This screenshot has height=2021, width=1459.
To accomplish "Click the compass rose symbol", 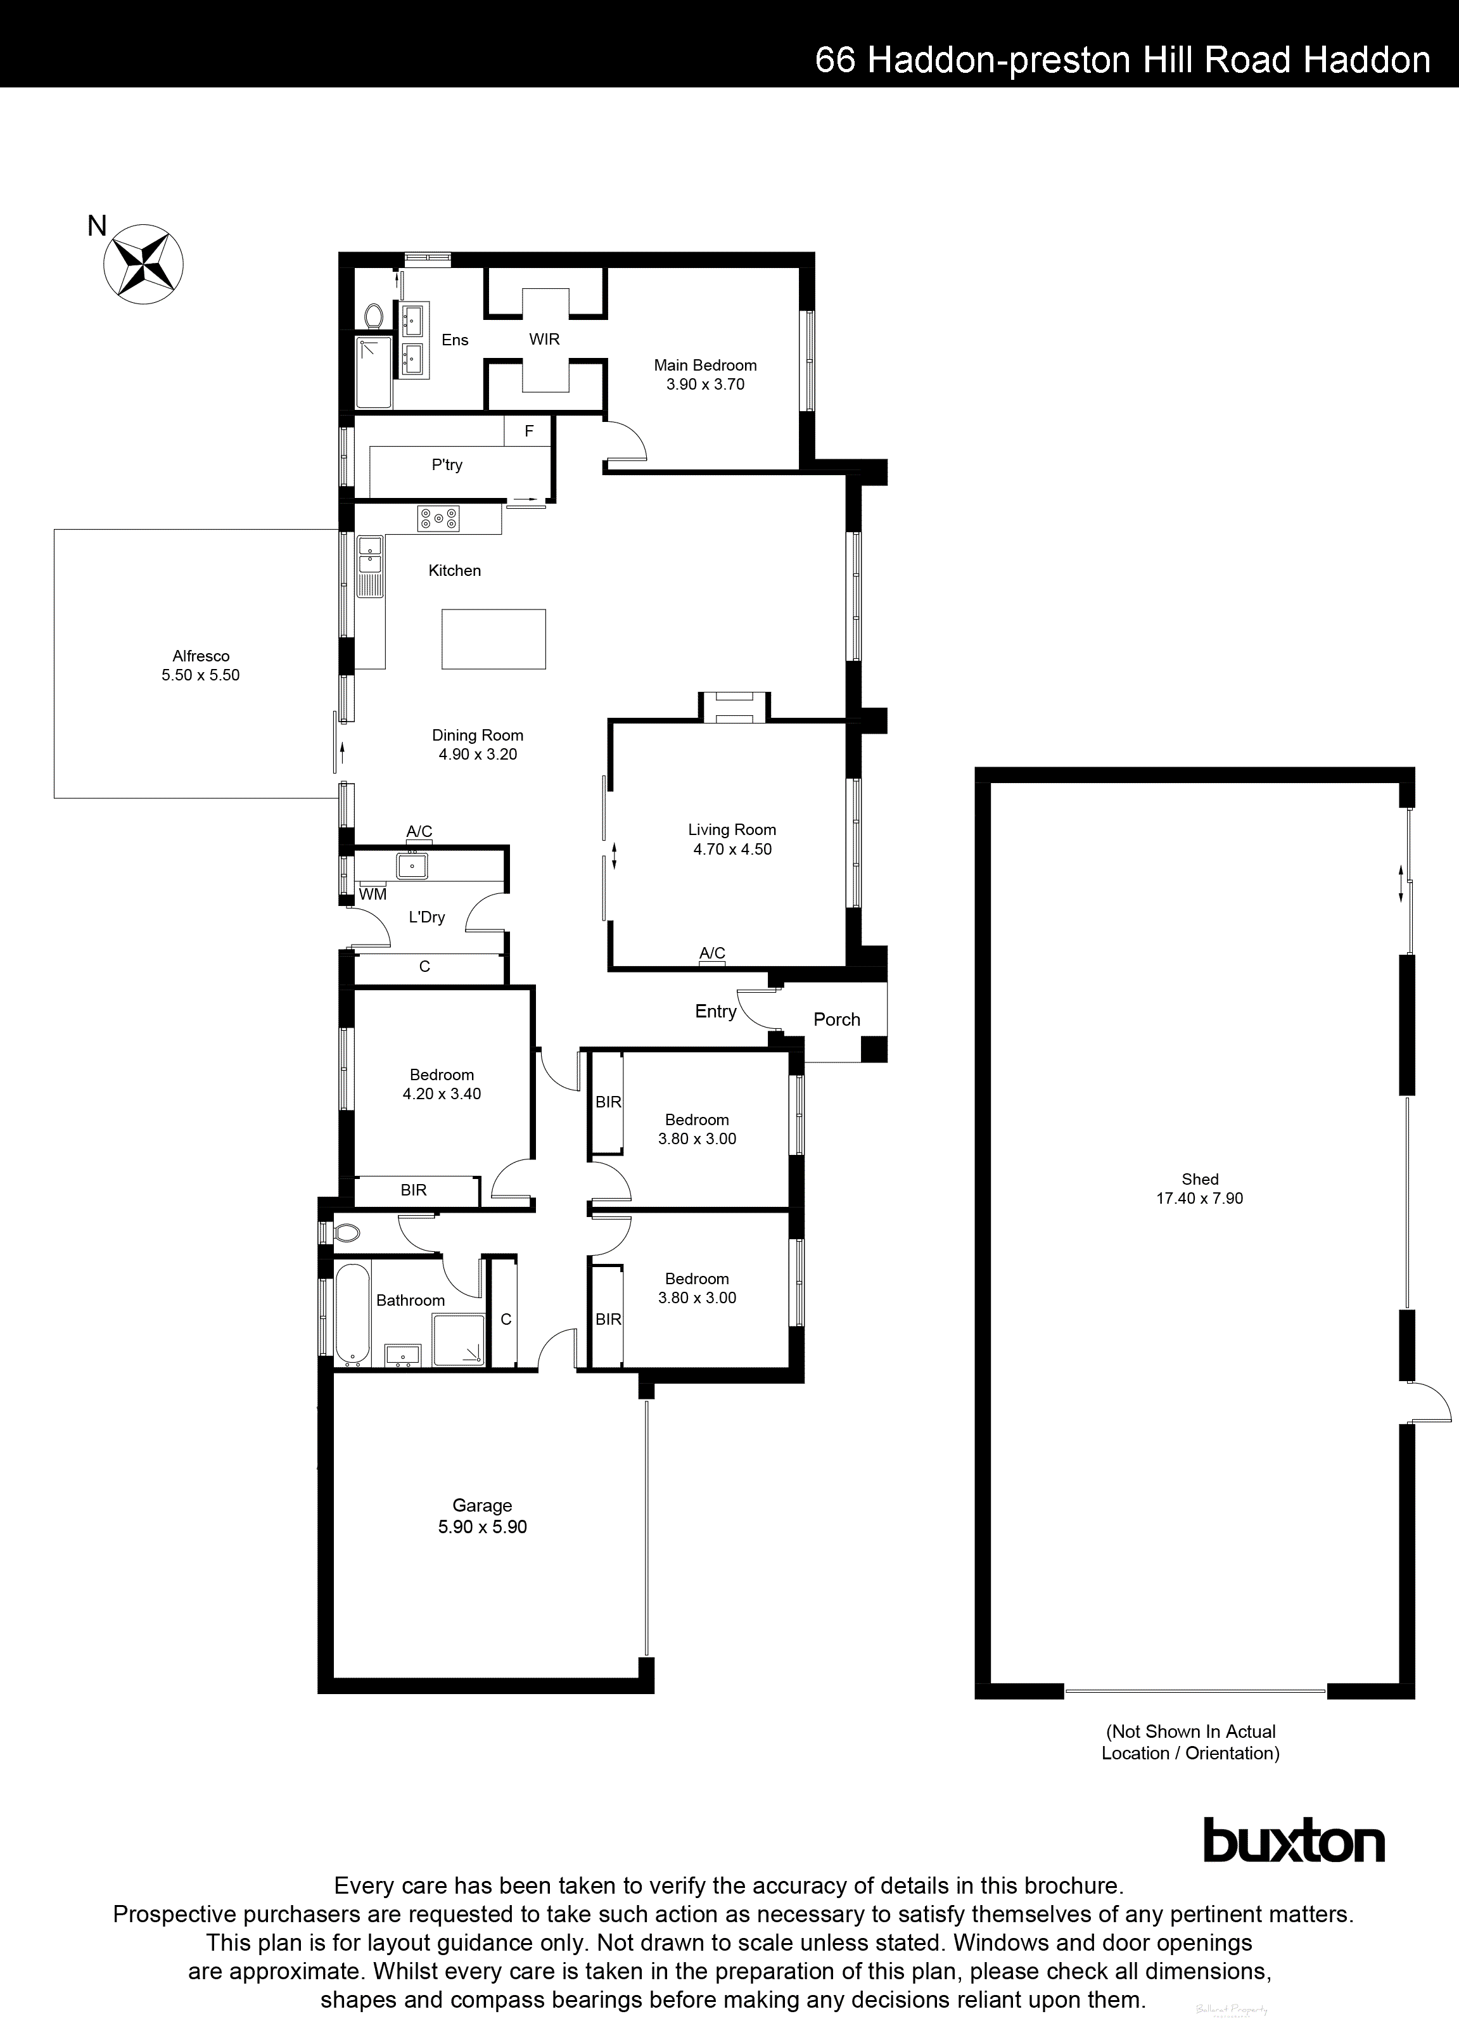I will click(144, 264).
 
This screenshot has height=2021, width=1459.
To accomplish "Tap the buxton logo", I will click(1294, 1864).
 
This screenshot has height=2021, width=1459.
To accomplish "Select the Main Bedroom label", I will click(705, 366).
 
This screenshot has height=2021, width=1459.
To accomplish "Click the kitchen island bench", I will click(494, 638).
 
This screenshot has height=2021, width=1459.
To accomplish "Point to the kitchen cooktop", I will click(438, 519).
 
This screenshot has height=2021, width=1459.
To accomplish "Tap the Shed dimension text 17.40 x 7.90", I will click(1200, 1199).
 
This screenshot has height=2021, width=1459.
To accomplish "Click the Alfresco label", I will click(201, 656).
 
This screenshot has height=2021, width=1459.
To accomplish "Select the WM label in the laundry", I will click(373, 894).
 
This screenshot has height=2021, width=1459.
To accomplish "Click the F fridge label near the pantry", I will click(528, 431).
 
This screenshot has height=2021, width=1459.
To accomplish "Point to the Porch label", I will click(837, 1019).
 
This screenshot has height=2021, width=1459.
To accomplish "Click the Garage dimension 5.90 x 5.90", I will click(482, 1527).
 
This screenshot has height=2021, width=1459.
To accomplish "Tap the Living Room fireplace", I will click(732, 708).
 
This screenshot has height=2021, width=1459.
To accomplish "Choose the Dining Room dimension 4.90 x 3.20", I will click(478, 755).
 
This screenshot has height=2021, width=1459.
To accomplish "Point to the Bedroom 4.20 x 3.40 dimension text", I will click(442, 1094).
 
